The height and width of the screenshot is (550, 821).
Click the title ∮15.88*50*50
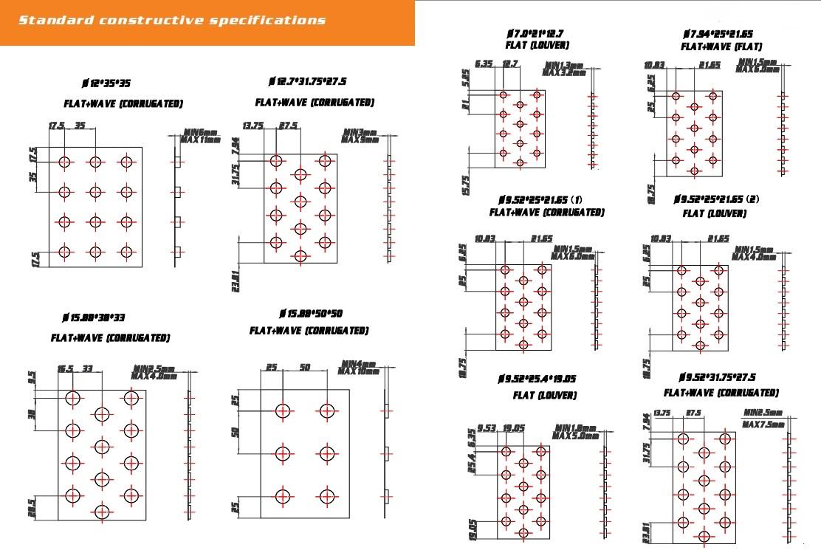pyautogui.click(x=311, y=314)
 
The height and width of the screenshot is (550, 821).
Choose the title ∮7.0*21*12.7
pyautogui.click(x=535, y=33)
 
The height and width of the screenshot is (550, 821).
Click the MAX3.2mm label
pyautogui.click(x=564, y=72)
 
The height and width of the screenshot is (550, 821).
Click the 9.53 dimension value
pyautogui.click(x=487, y=428)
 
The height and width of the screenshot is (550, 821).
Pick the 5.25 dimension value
pyautogui.click(x=465, y=77)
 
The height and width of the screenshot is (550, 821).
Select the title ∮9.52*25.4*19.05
pyautogui.click(x=536, y=379)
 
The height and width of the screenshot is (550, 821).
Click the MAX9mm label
pyautogui.click(x=361, y=139)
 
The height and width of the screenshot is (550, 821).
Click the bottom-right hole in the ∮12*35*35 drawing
pyautogui.click(x=126, y=252)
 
